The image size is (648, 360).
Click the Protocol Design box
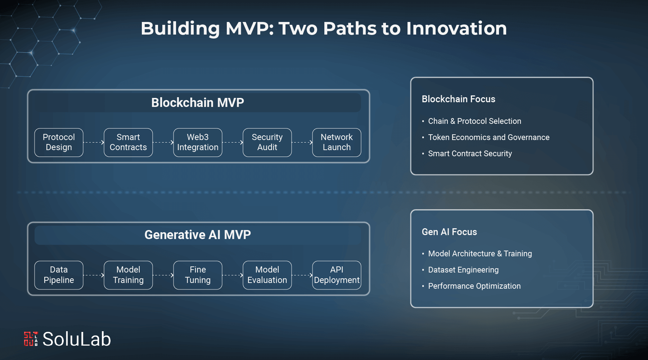pos(59,142)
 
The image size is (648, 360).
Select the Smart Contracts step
pos(128,142)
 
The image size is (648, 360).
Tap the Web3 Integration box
pos(198,142)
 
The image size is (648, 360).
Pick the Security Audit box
pos(267,142)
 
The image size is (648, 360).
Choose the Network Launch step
pos(337,142)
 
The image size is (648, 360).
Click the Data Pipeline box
pos(59,275)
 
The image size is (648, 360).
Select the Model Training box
pos(128,275)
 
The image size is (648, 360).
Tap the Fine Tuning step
pos(198,275)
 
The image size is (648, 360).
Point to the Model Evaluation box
pos(267,275)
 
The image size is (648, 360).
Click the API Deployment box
pos(337,275)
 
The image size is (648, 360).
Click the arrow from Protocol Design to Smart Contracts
pos(94,142)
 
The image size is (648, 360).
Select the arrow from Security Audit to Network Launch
pos(302,142)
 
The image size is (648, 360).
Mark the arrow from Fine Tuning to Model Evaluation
pos(233,275)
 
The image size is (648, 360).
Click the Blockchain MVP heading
pos(198,103)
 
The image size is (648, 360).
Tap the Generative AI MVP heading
pos(198,235)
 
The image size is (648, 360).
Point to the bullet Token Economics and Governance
pos(489,137)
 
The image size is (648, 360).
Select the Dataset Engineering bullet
pos(463,270)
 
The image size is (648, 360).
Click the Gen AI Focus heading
pos(449,232)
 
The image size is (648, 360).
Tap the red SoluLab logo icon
pos(31,339)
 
